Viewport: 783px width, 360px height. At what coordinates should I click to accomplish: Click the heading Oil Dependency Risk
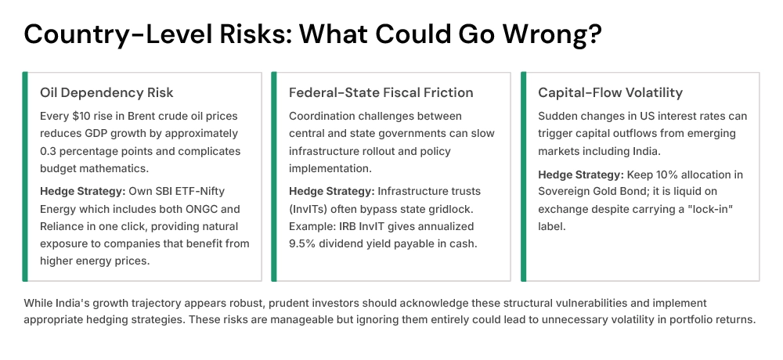[x=106, y=92]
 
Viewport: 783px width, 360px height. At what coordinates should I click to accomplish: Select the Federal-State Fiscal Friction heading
[x=381, y=92]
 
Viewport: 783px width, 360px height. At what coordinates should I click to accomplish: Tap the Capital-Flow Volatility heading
[x=610, y=92]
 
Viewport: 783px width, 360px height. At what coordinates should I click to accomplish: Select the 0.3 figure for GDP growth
[x=49, y=151]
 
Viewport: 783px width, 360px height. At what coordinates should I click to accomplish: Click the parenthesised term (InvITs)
[x=313, y=208]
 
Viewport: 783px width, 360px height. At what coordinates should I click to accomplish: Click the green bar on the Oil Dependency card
[x=25, y=176]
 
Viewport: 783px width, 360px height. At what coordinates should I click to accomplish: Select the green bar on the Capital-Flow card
[x=523, y=176]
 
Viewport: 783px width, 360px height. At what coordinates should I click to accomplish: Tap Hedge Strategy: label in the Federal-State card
[x=331, y=191]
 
